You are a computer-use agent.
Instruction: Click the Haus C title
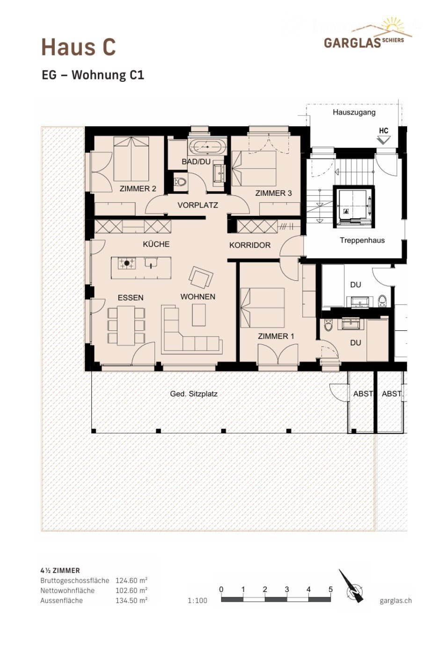pos(78,47)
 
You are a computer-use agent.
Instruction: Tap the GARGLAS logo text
pos(352,43)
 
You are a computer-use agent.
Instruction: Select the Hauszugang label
pos(354,112)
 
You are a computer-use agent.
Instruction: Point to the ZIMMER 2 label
pos(138,189)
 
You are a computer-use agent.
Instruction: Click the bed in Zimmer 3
pos(255,168)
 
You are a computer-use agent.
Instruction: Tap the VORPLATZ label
pos(198,205)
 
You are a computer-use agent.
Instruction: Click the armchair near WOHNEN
pos(201,278)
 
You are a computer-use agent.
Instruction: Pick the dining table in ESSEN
pos(126,325)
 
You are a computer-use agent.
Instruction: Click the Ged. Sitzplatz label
pos(193,394)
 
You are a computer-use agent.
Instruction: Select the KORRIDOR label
pos(249,245)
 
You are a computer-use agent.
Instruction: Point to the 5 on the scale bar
pos(330,590)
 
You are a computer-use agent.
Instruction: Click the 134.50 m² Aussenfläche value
pos(132,601)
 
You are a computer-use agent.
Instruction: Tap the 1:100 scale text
pos(197,601)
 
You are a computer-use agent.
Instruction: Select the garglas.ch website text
pos(395,601)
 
